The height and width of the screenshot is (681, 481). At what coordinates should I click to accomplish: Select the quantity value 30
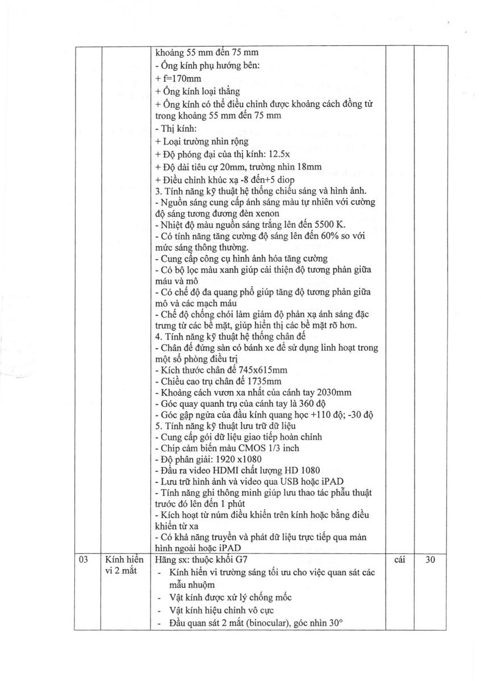(430, 558)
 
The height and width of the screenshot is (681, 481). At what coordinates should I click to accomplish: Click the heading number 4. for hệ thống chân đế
(158, 337)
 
